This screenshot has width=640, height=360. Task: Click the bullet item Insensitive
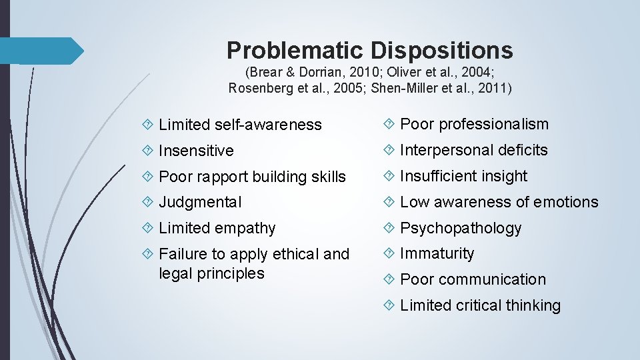196,151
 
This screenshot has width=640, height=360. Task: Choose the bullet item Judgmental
200,202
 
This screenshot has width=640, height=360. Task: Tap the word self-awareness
268,125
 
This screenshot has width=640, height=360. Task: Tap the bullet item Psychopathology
460,228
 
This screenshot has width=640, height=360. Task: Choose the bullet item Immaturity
437,253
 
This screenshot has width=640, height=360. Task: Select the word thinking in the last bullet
533,305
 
